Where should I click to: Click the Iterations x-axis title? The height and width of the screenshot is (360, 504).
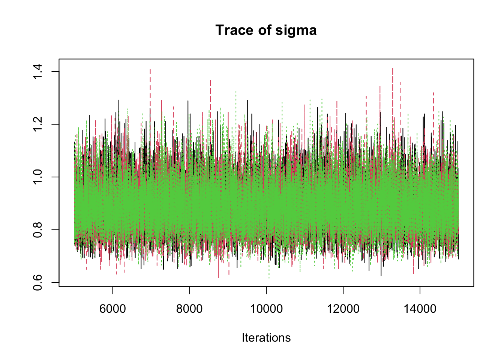(x=266, y=337)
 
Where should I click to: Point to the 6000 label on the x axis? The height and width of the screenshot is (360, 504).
(x=112, y=309)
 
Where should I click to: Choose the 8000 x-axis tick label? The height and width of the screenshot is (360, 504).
(x=189, y=309)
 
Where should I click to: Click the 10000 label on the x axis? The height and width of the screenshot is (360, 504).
(x=266, y=309)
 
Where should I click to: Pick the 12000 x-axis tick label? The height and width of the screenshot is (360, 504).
(x=343, y=309)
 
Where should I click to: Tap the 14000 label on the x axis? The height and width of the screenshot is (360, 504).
(x=420, y=309)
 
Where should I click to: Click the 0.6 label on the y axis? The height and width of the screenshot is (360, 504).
(x=38, y=282)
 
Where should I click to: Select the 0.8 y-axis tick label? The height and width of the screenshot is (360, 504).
(x=38, y=229)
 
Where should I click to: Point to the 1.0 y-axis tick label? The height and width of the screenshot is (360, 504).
(x=38, y=177)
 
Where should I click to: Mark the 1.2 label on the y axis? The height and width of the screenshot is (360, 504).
(x=38, y=124)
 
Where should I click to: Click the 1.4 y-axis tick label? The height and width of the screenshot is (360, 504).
(x=38, y=72)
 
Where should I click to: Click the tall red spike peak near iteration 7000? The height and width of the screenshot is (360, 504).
(x=150, y=69)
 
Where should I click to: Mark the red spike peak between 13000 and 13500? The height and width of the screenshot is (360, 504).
(x=392, y=69)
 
